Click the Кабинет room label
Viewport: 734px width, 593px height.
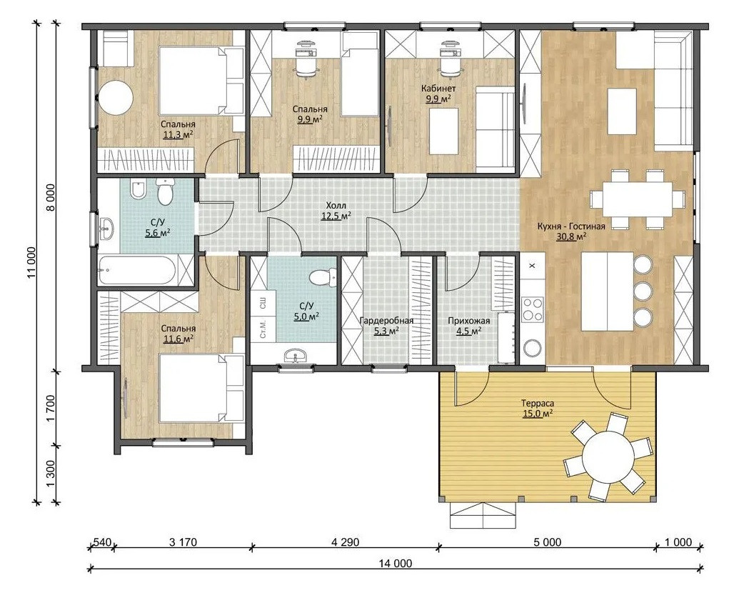(x=438, y=89)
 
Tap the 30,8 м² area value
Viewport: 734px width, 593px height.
(x=571, y=236)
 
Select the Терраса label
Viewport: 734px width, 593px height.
(x=538, y=403)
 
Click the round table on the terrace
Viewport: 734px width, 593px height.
(x=608, y=456)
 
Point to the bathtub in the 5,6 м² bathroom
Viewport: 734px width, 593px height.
(x=138, y=270)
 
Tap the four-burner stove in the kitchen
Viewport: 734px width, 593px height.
(x=533, y=309)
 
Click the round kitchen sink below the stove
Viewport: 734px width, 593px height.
(x=533, y=348)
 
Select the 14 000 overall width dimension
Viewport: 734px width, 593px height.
(x=396, y=564)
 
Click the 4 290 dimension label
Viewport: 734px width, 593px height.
(x=345, y=542)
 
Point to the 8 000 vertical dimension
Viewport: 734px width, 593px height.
(x=50, y=197)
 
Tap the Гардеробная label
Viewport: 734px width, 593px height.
(x=387, y=321)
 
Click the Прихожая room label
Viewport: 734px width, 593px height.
(x=469, y=321)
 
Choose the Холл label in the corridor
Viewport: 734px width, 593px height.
(x=336, y=206)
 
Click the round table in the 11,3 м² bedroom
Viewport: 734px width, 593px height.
(x=116, y=97)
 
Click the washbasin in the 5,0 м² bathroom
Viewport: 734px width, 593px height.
(x=295, y=356)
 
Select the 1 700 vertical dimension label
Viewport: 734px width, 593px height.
(x=51, y=407)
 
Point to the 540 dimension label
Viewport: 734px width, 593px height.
(x=102, y=542)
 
